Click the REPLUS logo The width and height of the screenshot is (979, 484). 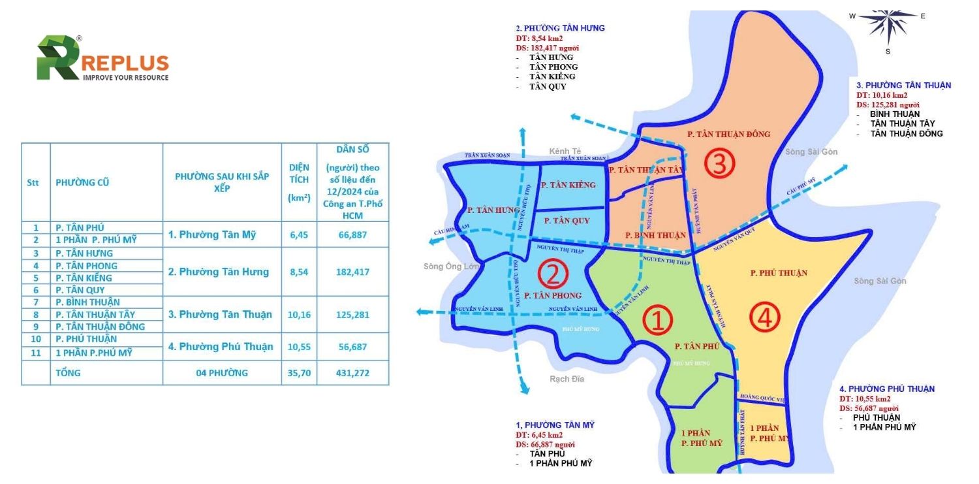[102, 59]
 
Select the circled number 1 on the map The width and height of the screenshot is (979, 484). [657, 321]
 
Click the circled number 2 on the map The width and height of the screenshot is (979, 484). [553, 274]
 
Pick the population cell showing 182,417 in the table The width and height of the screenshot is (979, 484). [352, 272]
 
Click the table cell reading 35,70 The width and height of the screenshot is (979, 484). [299, 373]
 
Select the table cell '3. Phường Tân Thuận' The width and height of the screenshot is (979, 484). [220, 314]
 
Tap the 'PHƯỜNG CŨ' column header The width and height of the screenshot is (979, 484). [82, 182]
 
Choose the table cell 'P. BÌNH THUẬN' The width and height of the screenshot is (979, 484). [87, 302]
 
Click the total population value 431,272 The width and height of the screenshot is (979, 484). [352, 373]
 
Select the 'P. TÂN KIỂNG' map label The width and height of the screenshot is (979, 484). [568, 186]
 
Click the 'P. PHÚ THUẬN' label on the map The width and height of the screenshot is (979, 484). [779, 273]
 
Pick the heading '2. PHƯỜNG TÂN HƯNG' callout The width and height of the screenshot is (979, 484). [560, 28]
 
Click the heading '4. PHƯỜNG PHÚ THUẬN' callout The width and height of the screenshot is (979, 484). [887, 389]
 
